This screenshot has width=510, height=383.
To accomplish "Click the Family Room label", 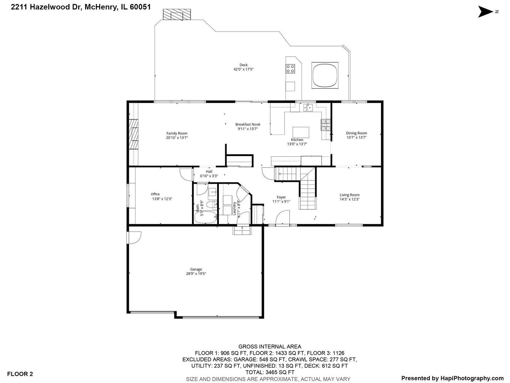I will coord(177,133).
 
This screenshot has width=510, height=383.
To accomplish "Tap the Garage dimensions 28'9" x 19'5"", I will coord(196,274).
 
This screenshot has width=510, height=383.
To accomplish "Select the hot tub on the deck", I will coord(325,75).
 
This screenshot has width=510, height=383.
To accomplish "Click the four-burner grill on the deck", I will coord(290,68).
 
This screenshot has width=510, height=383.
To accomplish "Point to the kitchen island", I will coord(300,132).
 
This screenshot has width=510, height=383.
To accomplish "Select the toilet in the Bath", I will coord(211,204).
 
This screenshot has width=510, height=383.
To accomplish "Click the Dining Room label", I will coord(356,133).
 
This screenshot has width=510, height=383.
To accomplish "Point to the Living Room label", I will coord(349,195).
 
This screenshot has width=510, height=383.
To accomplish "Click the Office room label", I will coord(155,194).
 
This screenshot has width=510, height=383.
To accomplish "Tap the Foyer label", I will coord(281,197).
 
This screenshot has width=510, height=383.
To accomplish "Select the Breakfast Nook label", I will coord(248,124).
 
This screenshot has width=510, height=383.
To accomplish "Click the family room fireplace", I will coord(134,134).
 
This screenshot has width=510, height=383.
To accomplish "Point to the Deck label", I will coord(243,65).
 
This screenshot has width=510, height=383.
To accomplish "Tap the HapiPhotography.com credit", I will coord(452,378).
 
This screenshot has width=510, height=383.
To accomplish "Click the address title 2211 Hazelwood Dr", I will coord(81,7).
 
